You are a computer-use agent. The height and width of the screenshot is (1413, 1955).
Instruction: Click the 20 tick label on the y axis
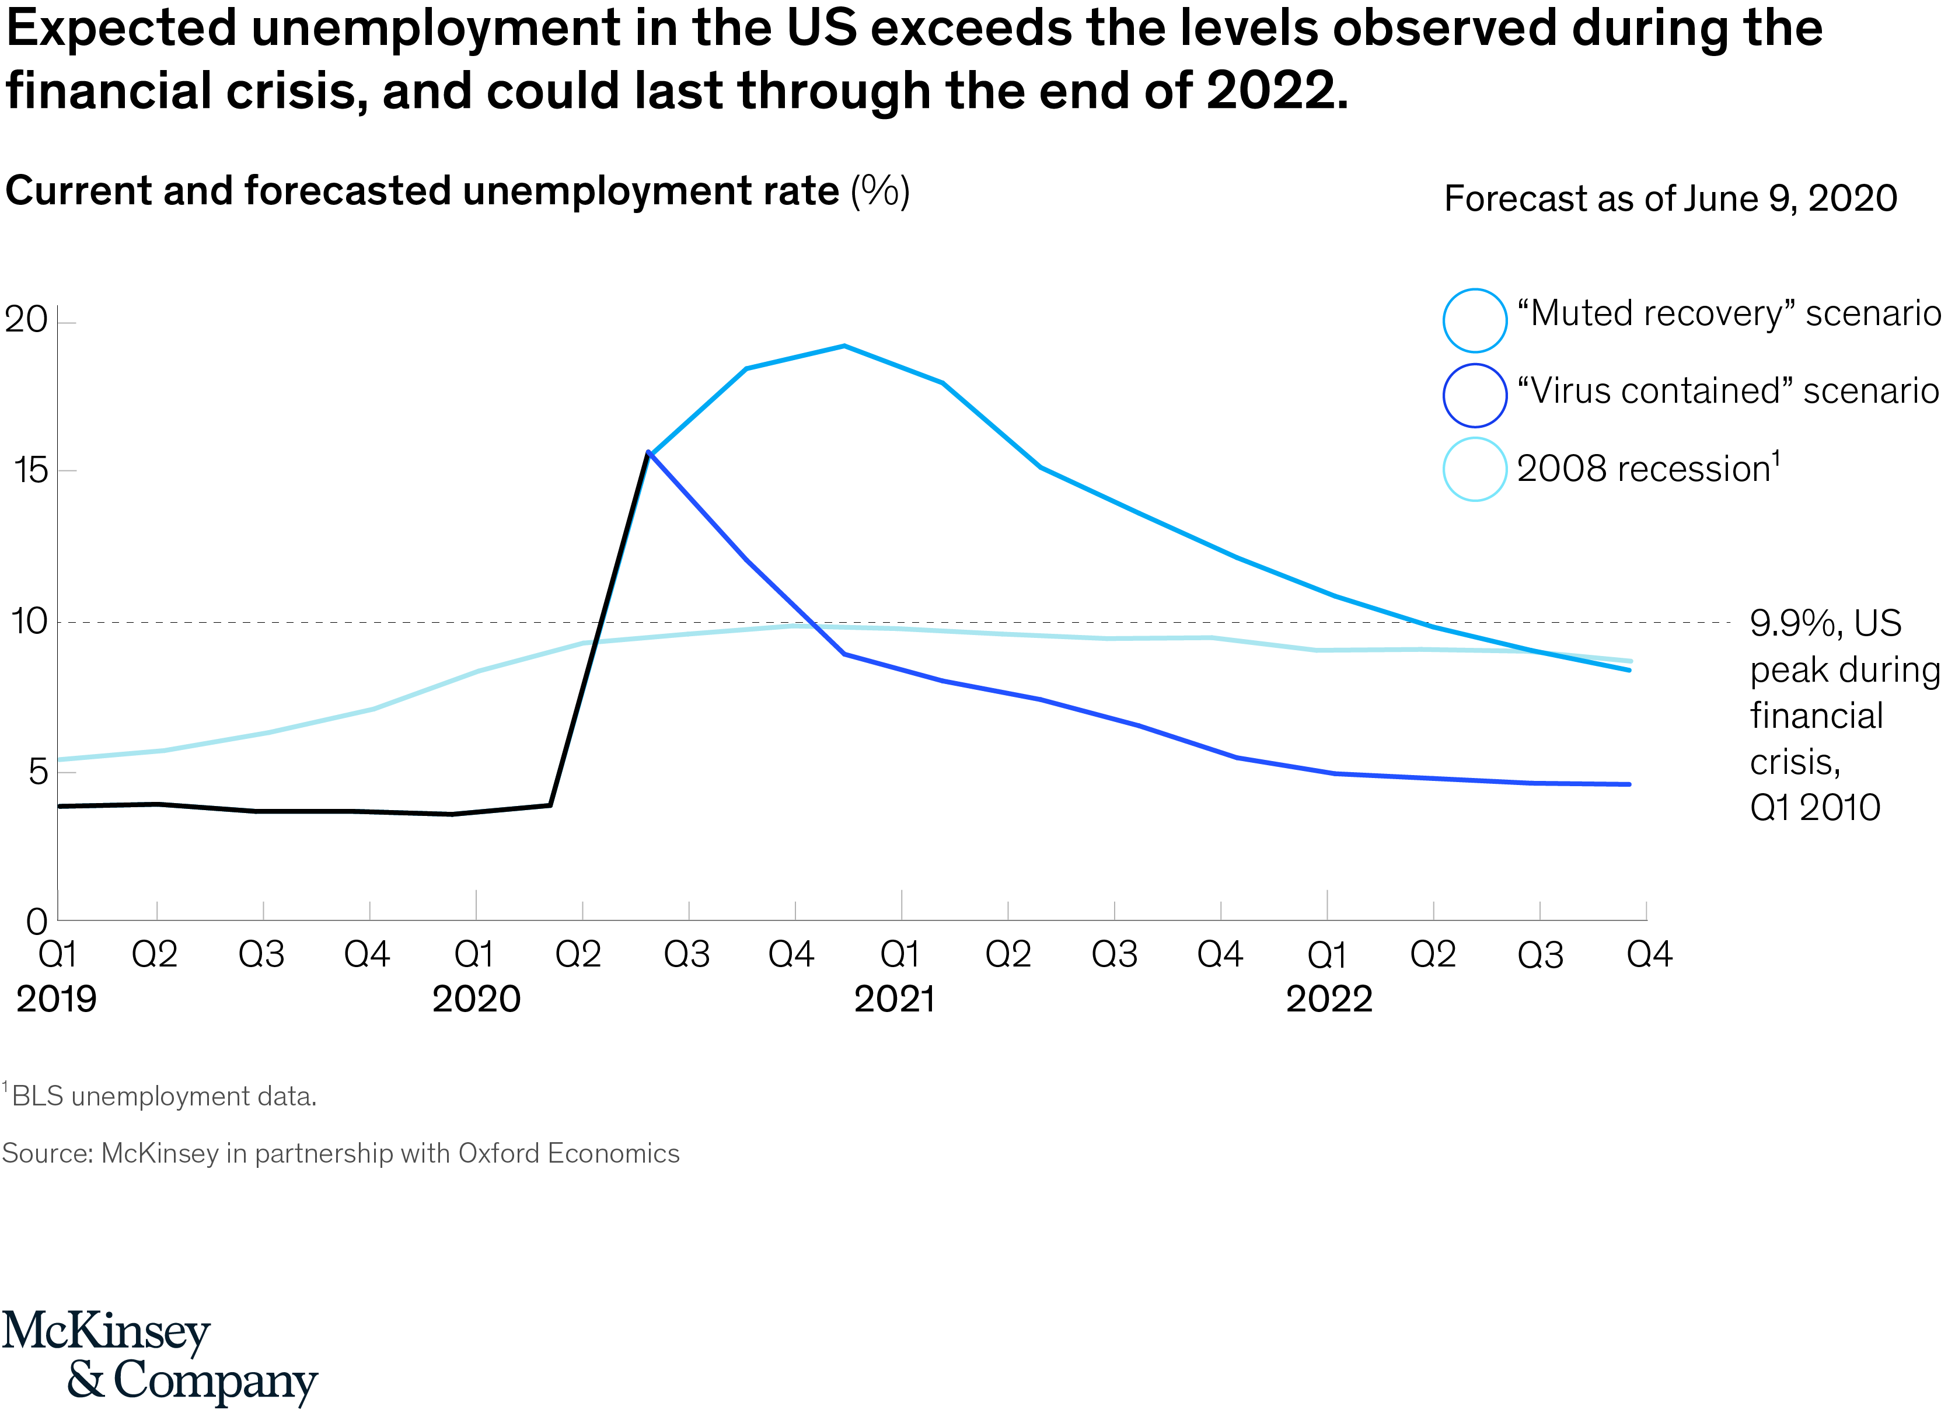click(x=26, y=320)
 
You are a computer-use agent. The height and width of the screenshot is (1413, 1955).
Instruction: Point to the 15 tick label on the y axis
click(x=31, y=471)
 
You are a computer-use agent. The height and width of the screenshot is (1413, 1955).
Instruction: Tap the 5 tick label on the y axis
click(x=37, y=772)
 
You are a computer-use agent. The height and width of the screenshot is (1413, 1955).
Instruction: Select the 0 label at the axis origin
click(x=36, y=922)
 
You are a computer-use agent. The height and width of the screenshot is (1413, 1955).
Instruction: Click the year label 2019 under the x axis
click(x=56, y=999)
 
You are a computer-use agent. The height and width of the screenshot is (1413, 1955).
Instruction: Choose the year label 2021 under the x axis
click(x=894, y=999)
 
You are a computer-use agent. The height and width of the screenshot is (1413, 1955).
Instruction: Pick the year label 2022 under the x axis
click(x=1328, y=999)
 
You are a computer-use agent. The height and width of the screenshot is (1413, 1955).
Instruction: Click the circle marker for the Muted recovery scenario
click(x=1474, y=320)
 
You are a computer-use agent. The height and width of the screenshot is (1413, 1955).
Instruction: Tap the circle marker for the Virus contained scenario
click(x=1474, y=396)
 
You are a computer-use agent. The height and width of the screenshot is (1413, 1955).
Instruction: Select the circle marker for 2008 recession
click(x=1474, y=469)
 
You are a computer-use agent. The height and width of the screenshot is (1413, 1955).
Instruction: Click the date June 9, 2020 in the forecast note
click(x=1789, y=198)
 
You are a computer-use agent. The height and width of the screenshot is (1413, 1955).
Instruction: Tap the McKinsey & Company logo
click(x=159, y=1356)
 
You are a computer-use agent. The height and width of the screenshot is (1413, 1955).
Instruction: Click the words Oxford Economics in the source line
click(x=569, y=1153)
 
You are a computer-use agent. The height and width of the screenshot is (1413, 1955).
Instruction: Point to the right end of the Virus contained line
click(x=1628, y=784)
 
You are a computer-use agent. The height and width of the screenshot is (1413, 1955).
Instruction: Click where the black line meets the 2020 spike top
click(x=648, y=452)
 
